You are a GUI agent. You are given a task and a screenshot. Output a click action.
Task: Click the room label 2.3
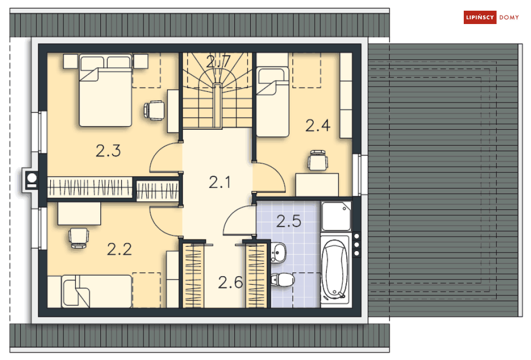click(x=108, y=151)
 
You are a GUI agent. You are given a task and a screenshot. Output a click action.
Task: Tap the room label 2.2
click(x=119, y=249)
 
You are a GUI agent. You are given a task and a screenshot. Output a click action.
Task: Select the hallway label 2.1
click(x=219, y=183)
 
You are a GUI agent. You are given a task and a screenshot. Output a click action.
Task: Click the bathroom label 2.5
click(x=289, y=221)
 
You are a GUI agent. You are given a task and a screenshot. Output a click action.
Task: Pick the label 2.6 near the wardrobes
click(x=231, y=281)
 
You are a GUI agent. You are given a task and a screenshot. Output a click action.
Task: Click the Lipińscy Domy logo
click(x=492, y=18)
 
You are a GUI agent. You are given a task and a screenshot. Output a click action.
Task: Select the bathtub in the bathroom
click(x=335, y=271)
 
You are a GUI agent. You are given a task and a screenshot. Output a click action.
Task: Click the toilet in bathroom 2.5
click(x=282, y=280)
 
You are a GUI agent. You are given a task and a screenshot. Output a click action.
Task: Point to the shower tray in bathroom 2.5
click(x=336, y=216)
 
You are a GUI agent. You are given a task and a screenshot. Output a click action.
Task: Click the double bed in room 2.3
click(x=105, y=91)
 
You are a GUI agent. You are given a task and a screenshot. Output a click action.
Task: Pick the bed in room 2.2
click(x=96, y=291)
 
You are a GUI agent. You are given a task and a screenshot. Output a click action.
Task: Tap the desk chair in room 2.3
click(x=154, y=110)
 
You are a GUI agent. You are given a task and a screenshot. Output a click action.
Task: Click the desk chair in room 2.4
click(x=318, y=161)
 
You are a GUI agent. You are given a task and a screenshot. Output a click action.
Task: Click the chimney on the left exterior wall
click(x=30, y=180)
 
